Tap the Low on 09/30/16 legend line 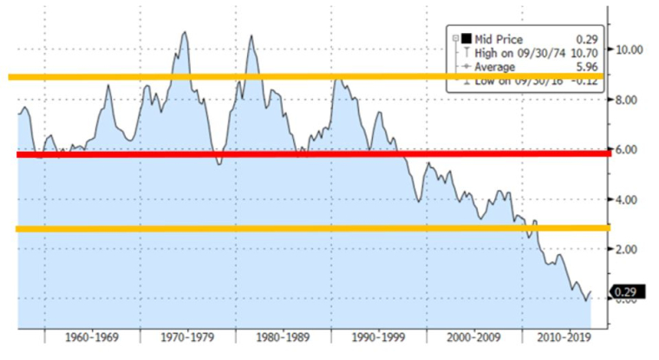pyautogui.click(x=519, y=81)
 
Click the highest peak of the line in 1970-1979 pyautogui.click(x=185, y=32)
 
